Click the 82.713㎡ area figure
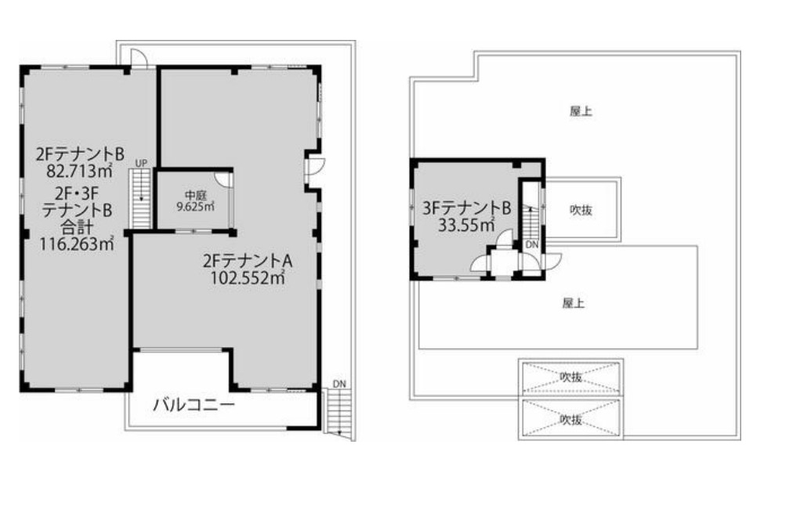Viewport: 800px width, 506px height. click(79, 171)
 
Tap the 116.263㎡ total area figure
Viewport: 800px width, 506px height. click(77, 244)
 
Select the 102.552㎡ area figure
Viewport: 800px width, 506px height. click(248, 278)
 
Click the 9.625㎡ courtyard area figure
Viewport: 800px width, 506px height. click(195, 207)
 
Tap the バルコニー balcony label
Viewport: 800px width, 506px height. click(194, 405)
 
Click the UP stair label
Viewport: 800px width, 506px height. click(141, 163)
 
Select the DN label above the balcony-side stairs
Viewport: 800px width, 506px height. click(339, 384)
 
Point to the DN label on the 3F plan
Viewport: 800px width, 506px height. click(532, 245)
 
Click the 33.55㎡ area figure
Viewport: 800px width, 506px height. click(466, 225)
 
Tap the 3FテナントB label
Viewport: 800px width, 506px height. click(466, 208)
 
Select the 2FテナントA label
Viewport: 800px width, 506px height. click(248, 261)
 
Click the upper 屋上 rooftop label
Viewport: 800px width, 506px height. click(581, 110)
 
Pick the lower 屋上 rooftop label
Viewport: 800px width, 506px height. click(574, 303)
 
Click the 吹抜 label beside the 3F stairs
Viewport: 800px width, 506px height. click(581, 210)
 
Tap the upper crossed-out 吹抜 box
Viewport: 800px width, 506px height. click(571, 377)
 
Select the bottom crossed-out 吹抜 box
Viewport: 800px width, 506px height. click(571, 419)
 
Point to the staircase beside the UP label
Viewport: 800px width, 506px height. click(141, 199)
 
